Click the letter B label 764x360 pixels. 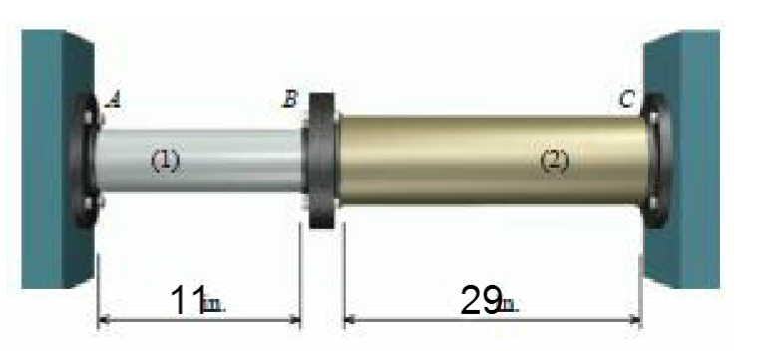(291, 99)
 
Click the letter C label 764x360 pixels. (626, 99)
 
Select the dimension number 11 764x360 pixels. (187, 300)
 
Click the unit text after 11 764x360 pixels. (214, 305)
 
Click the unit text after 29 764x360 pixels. (508, 305)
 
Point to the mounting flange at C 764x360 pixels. (655, 160)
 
